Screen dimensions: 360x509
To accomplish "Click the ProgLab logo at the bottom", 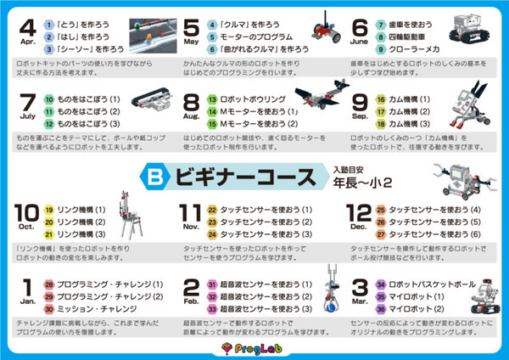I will pyautogui.click(x=254, y=348).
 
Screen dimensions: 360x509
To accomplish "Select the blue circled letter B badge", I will pyautogui.click(x=159, y=177).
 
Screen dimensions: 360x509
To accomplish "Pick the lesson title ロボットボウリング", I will pyautogui.click(x=252, y=99).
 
